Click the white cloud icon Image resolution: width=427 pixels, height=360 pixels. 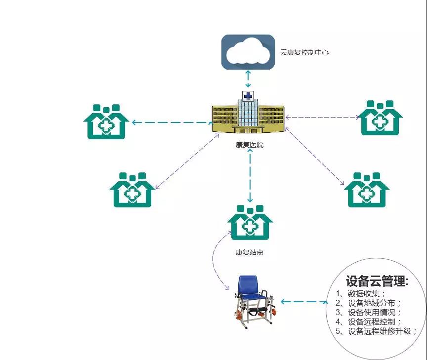click(248, 51)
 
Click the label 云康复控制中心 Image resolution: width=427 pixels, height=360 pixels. click(304, 52)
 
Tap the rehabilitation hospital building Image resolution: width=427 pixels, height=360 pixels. click(248, 117)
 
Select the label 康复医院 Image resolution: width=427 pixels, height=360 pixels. click(250, 145)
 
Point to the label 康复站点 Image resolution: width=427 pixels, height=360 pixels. click(250, 252)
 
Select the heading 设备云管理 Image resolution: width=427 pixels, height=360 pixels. click(377, 281)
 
